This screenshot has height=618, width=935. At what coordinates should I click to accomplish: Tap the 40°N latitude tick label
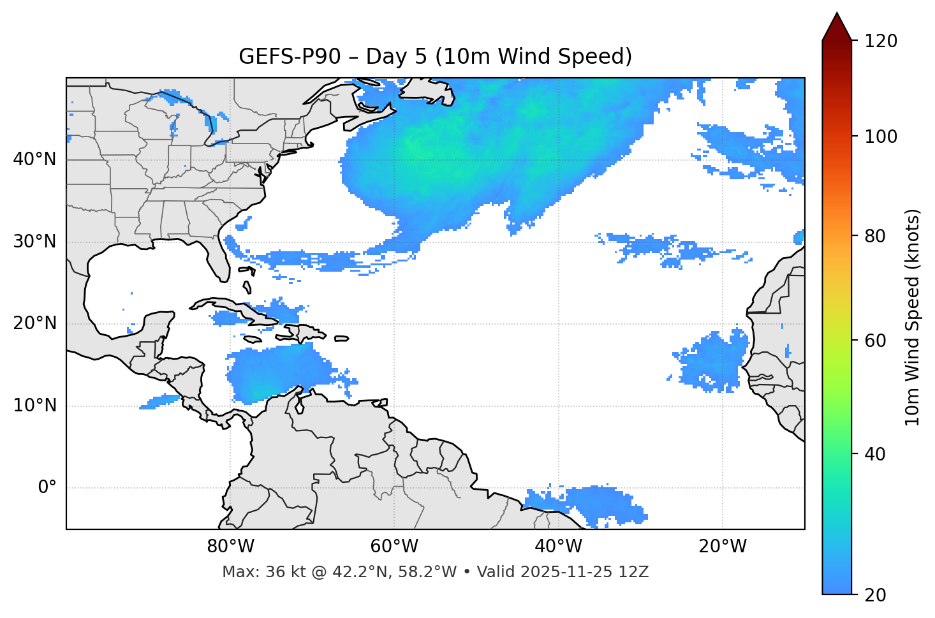click(34, 159)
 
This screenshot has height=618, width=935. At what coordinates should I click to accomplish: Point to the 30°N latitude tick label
click(34, 242)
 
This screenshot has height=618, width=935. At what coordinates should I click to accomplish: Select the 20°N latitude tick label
click(34, 323)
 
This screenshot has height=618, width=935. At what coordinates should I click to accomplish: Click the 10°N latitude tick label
click(34, 406)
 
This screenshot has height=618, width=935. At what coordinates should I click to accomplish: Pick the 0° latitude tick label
click(47, 488)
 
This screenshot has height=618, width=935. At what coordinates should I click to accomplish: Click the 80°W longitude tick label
click(230, 547)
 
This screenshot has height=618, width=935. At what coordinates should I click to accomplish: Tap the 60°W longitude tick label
click(394, 547)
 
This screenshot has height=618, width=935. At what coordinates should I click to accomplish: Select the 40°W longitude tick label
click(558, 547)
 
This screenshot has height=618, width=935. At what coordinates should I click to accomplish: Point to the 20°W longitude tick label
click(723, 547)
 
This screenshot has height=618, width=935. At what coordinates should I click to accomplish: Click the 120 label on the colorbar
click(881, 41)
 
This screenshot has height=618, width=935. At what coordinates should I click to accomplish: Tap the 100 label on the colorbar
click(881, 136)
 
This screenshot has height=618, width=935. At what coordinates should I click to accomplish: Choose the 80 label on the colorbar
click(877, 236)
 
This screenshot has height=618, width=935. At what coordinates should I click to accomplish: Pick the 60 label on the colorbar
click(877, 341)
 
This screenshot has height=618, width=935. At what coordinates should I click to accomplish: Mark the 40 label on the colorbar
click(877, 454)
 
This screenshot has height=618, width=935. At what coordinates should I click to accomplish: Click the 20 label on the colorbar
click(877, 595)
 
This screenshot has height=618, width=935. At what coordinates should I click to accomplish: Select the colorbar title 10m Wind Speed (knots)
click(913, 317)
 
